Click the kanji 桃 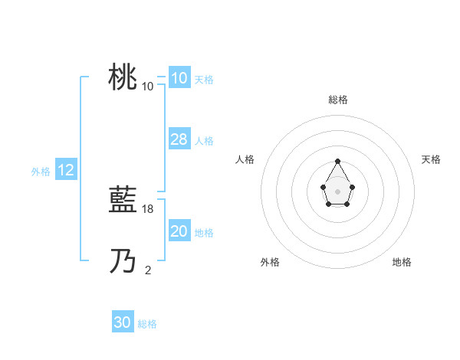pos(123,77)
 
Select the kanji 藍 pos(123,201)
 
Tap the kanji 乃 pos(123,262)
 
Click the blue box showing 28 pos(179,139)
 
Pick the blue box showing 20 pos(179,231)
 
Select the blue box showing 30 pos(123,322)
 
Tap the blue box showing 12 pos(66,170)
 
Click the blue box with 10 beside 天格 pos(179,78)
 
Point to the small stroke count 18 pos(149,208)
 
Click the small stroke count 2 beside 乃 pos(148,269)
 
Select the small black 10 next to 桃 pos(148,86)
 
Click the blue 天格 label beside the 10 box pos(204,80)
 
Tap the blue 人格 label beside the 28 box pos(204,141)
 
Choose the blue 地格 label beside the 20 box pos(204,233)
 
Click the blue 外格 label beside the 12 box pos(41,172)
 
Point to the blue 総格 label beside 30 pos(147,324)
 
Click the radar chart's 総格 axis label pos(337,100)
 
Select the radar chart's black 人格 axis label pos(245,159)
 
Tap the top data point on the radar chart pos(337,162)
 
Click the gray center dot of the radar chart pos(337,191)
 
